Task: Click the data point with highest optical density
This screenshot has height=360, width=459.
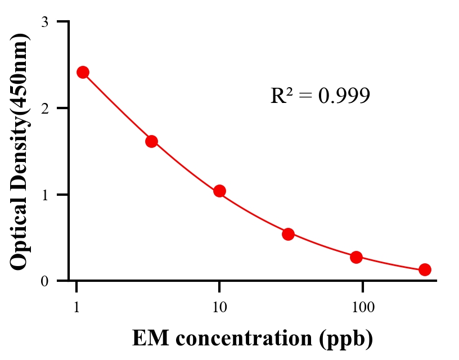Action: pos(83,72)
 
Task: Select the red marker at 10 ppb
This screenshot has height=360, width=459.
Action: pos(219,191)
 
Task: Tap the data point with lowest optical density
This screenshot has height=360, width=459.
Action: pos(425,269)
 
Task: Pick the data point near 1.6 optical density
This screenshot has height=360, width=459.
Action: pos(151,141)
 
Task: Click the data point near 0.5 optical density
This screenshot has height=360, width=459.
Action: pos(288,234)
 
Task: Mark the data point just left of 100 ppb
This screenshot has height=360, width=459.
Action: pos(356,257)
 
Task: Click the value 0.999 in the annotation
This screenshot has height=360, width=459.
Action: pos(344,96)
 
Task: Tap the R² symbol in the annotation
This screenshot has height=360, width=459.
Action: pos(282,96)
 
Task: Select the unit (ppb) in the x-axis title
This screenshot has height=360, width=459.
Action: pos(345,339)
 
